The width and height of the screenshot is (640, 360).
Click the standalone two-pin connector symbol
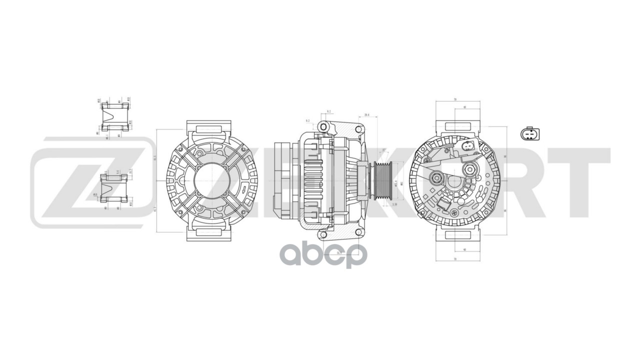click(529, 134)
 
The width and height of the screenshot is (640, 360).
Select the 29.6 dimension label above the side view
click(367, 115)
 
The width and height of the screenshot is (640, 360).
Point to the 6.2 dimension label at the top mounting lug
click(328, 111)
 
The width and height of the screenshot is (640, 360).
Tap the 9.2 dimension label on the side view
click(308, 121)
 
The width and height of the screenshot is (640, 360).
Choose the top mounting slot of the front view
click(208, 129)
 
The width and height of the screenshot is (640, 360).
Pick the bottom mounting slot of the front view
click(208, 232)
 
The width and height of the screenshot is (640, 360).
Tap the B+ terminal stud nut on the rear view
click(470, 169)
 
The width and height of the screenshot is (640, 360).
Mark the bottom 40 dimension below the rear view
click(464, 249)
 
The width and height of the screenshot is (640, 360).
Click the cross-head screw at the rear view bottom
click(453, 214)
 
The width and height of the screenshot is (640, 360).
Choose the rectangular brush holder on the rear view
click(443, 204)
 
